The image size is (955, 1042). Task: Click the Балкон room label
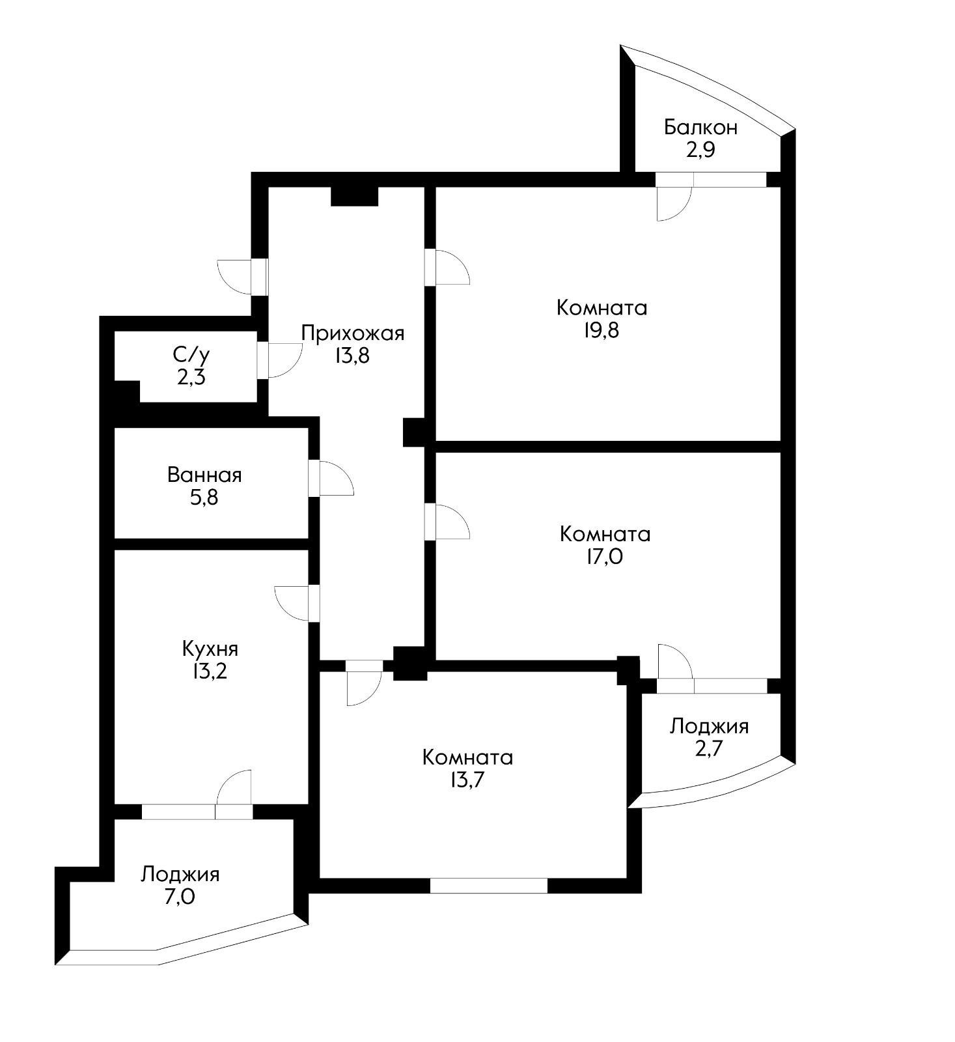coord(700,127)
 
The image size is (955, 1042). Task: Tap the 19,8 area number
coord(602,330)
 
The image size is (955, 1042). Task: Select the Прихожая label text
coord(352,333)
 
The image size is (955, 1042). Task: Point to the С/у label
coord(191,355)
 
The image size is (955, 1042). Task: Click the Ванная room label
coord(204,475)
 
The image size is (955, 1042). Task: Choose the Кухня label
coord(210,649)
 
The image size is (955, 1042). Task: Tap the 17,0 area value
coord(605,557)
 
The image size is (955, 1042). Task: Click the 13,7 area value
coord(467,780)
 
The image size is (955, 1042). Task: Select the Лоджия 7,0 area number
coord(180,897)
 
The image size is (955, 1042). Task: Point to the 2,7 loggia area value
coord(708,748)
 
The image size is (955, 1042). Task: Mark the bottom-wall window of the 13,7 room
coord(488,886)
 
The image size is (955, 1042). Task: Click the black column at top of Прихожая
coord(355,196)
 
